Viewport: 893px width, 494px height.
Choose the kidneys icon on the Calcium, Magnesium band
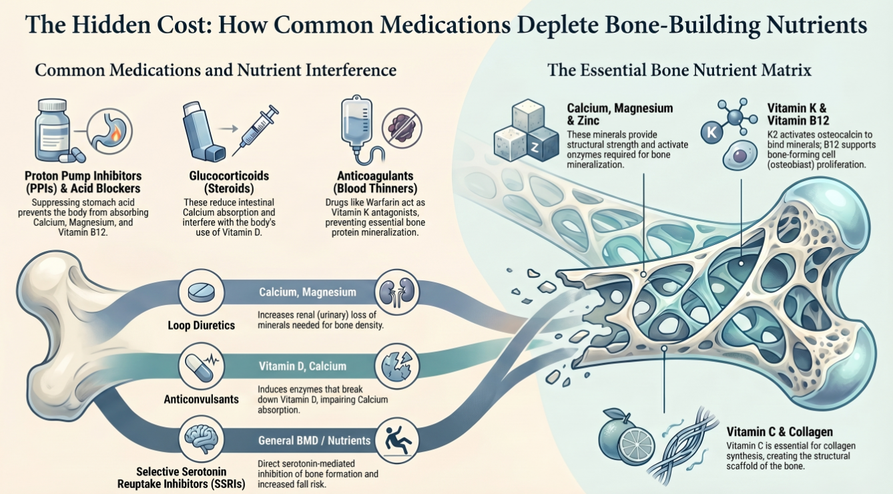[x=393, y=292]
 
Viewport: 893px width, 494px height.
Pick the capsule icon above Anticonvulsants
[x=198, y=366]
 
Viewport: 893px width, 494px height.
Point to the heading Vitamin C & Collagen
[x=779, y=433]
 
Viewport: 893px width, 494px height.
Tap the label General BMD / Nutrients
[x=314, y=441]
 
